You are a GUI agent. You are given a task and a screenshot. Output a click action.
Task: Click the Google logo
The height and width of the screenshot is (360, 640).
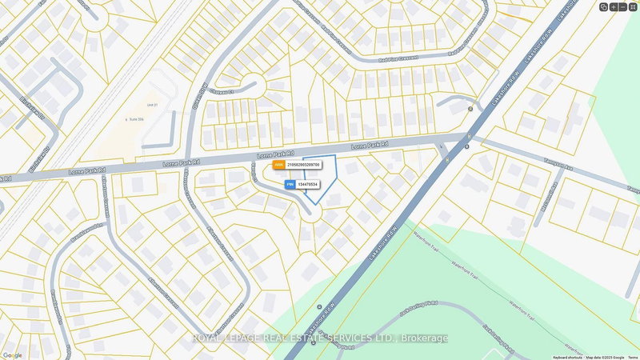pos(12,355)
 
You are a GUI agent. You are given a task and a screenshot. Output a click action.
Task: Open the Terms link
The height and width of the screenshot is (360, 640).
pos(633,357)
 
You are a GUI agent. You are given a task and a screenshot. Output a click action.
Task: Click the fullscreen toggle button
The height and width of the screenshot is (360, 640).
pos(633,6)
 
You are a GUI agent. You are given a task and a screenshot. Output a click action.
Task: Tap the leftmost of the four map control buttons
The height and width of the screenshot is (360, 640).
pos(604,6)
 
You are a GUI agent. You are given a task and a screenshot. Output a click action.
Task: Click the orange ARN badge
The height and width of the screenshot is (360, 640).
pos(278,165)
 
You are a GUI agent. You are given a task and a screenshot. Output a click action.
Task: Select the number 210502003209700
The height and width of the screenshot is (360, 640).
pos(304,165)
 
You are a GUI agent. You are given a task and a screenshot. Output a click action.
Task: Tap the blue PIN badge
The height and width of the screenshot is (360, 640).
pos(290,185)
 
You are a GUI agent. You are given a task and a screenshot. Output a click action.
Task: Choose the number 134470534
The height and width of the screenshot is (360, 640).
pos(308,185)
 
